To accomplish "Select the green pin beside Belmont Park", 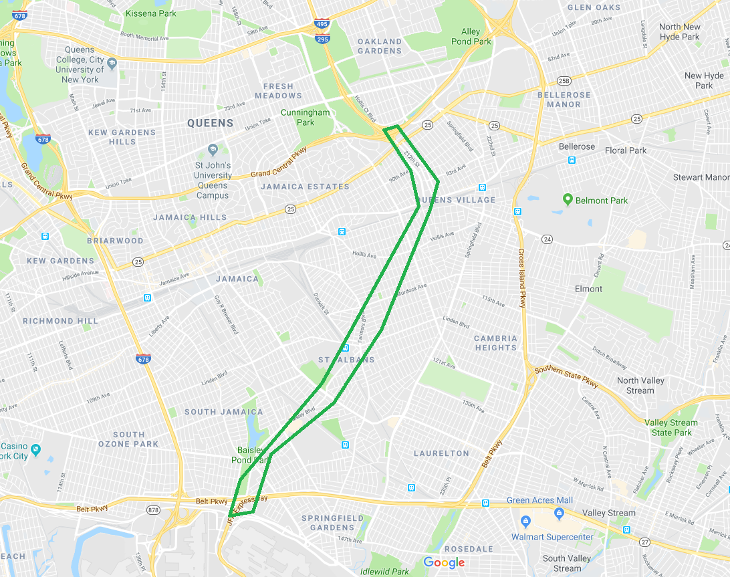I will click(568, 199).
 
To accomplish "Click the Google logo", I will click(444, 563).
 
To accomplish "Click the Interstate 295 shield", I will click(322, 39).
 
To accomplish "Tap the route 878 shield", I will click(154, 510).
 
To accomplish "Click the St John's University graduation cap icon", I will click(213, 149).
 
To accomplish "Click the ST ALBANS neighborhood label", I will click(346, 360).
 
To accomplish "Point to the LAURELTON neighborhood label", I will click(441, 453).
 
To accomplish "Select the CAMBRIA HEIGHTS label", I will click(495, 343).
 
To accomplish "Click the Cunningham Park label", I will click(305, 118).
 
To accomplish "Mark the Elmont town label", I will click(588, 289).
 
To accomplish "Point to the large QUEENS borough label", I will click(210, 123).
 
